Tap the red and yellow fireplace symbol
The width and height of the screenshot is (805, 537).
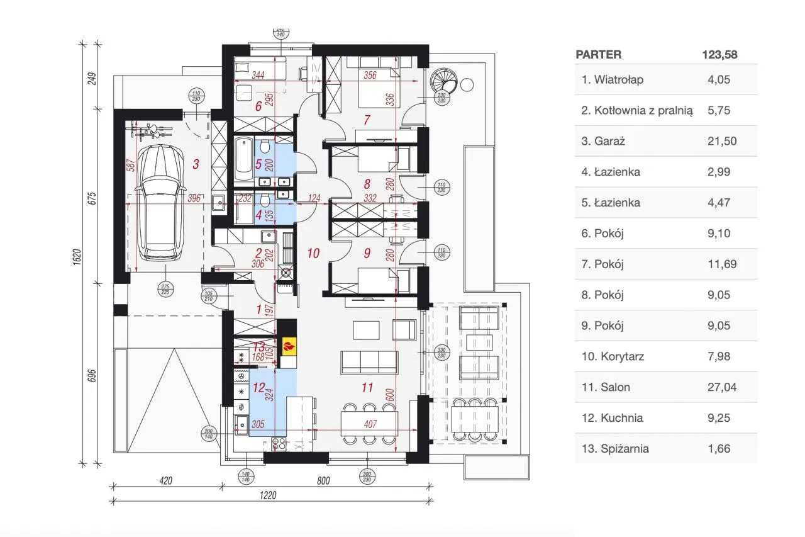pos(288,346)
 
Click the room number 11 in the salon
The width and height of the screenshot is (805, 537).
pos(369,388)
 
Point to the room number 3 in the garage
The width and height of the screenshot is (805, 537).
pos(196,164)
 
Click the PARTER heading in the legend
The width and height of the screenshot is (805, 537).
pos(598,55)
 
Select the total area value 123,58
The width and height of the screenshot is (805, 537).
pos(719,55)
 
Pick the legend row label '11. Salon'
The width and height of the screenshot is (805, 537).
pos(606,387)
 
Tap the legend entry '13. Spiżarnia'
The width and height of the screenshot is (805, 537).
pos(615,449)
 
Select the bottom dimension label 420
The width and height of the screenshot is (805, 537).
pos(165,481)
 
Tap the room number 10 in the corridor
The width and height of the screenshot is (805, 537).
pos(314,254)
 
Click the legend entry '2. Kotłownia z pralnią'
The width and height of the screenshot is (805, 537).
pos(637,110)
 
